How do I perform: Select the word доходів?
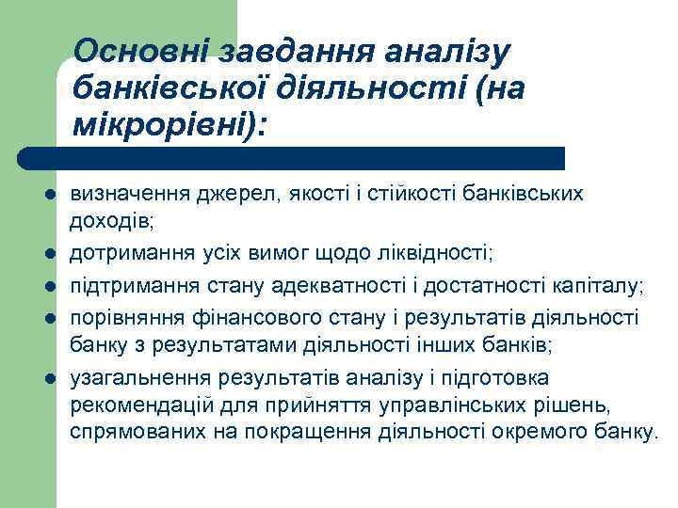point(109,221)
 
